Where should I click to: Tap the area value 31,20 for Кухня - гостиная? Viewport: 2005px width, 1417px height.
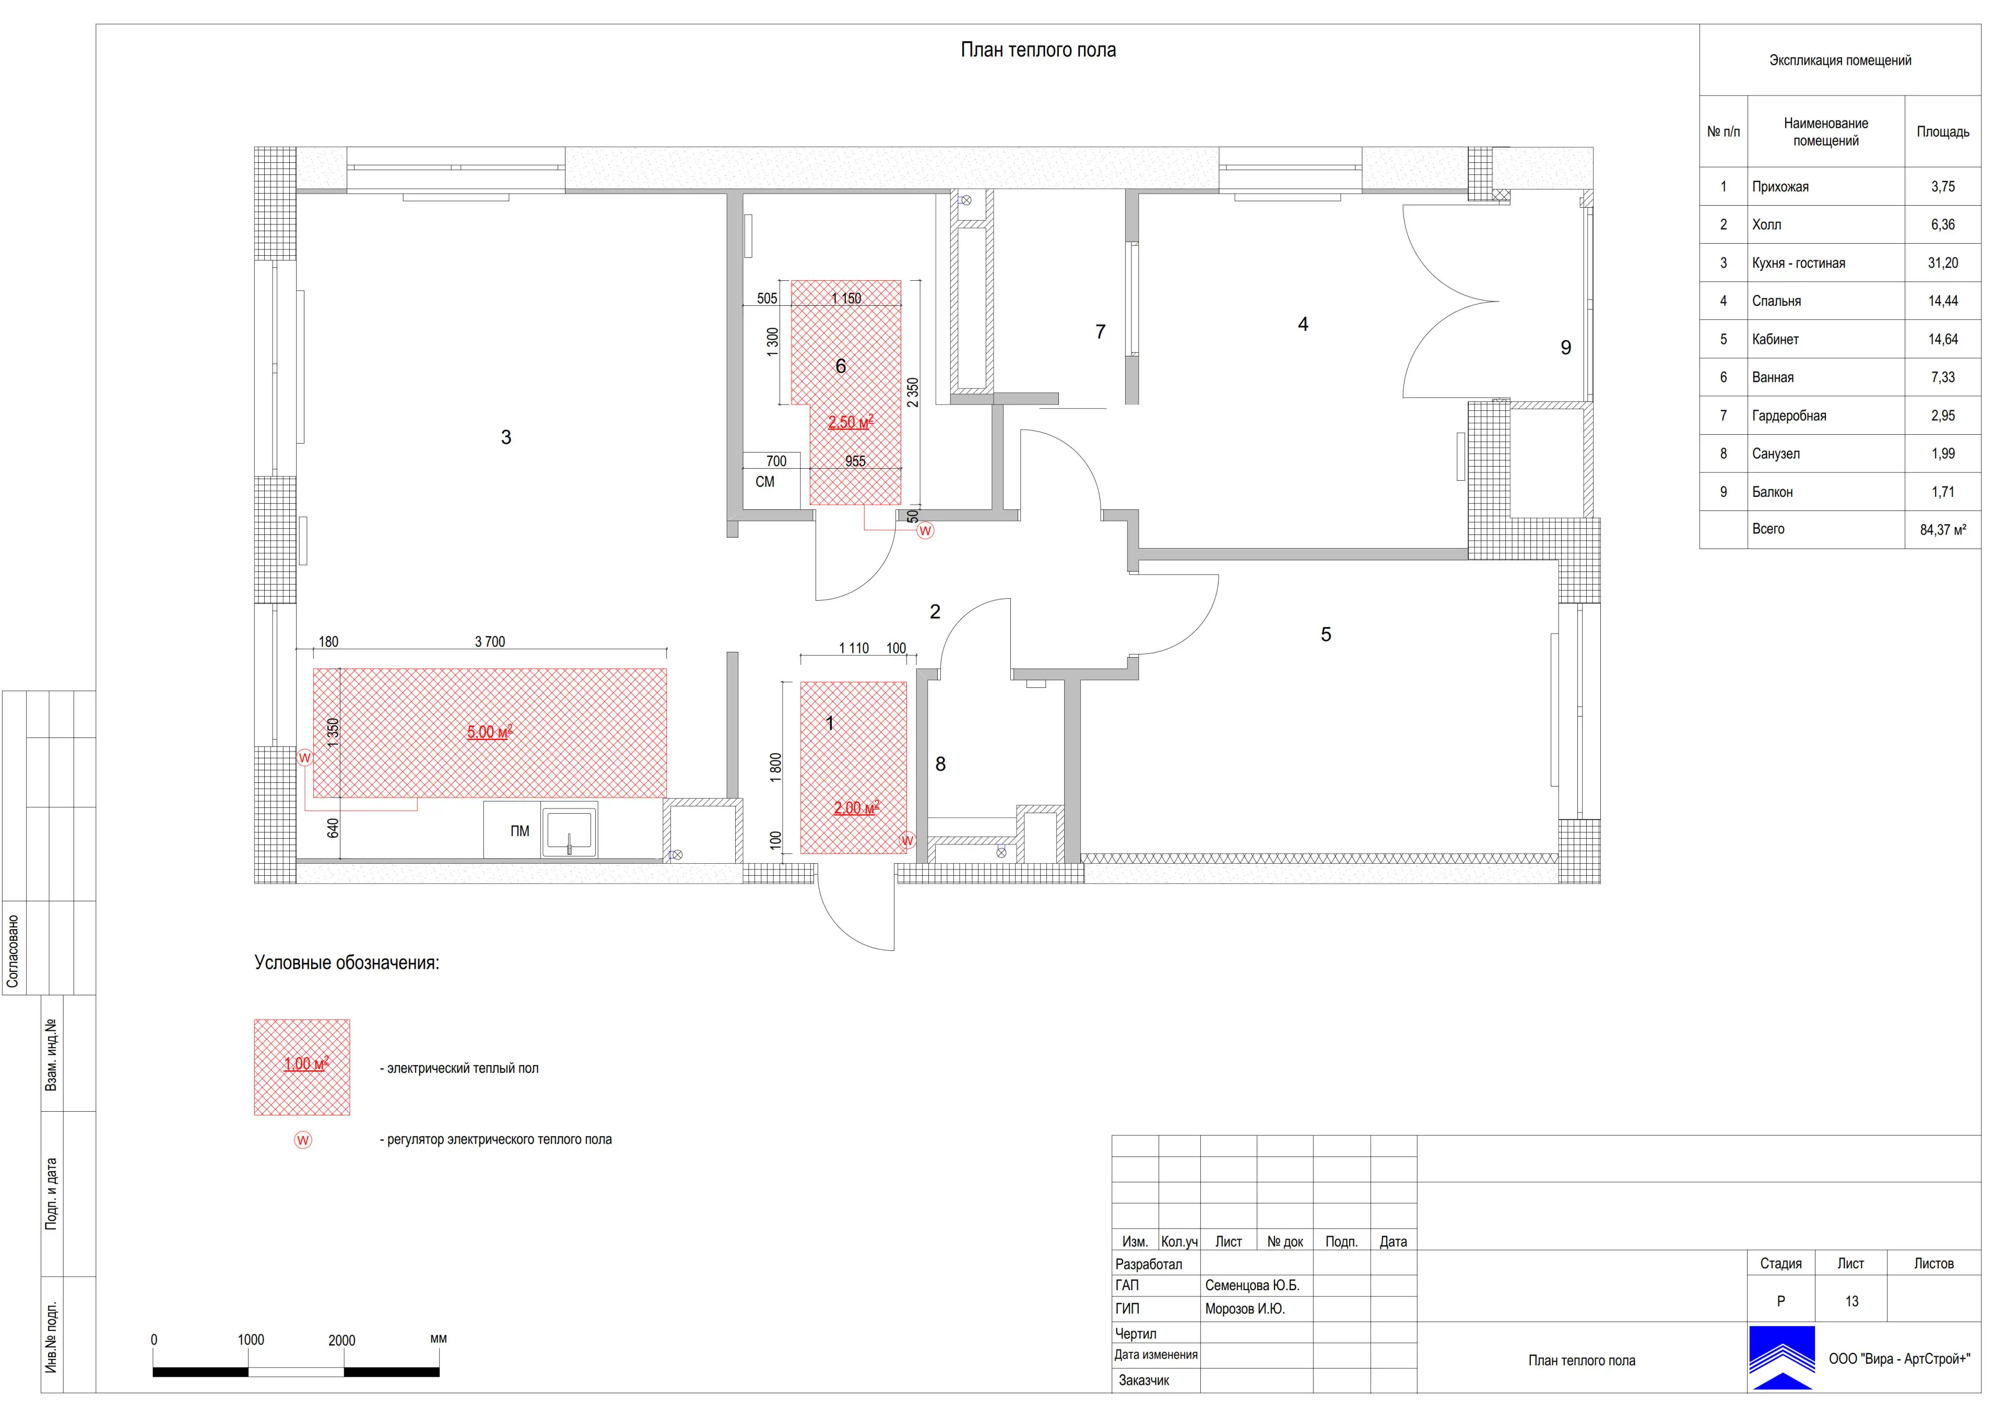pyautogui.click(x=1942, y=263)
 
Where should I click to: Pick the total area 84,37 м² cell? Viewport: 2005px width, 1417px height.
pyautogui.click(x=1942, y=529)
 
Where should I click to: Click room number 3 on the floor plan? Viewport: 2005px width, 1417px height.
pyautogui.click(x=505, y=437)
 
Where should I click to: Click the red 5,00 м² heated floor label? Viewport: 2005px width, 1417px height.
pyautogui.click(x=489, y=732)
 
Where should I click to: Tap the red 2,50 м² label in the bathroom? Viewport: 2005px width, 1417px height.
pyautogui.click(x=851, y=422)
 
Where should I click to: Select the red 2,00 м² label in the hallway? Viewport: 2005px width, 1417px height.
pyautogui.click(x=856, y=807)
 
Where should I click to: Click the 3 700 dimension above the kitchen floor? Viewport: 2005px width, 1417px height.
pyautogui.click(x=490, y=642)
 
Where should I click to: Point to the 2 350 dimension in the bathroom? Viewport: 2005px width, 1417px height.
pyautogui.click(x=913, y=393)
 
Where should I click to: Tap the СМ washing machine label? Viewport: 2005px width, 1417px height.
pyautogui.click(x=765, y=482)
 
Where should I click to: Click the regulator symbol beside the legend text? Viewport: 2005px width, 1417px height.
pyautogui.click(x=303, y=1140)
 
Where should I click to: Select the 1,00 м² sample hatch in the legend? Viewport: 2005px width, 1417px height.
pyautogui.click(x=302, y=1067)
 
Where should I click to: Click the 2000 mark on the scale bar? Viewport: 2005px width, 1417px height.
pyautogui.click(x=341, y=1340)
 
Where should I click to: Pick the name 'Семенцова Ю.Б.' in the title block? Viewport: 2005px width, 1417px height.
pyautogui.click(x=1252, y=1285)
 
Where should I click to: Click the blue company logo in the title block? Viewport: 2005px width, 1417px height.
pyautogui.click(x=1782, y=1357)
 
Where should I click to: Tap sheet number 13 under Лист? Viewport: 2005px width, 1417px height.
pyautogui.click(x=1851, y=1301)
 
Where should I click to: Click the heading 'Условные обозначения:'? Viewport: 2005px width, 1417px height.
pyautogui.click(x=347, y=963)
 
